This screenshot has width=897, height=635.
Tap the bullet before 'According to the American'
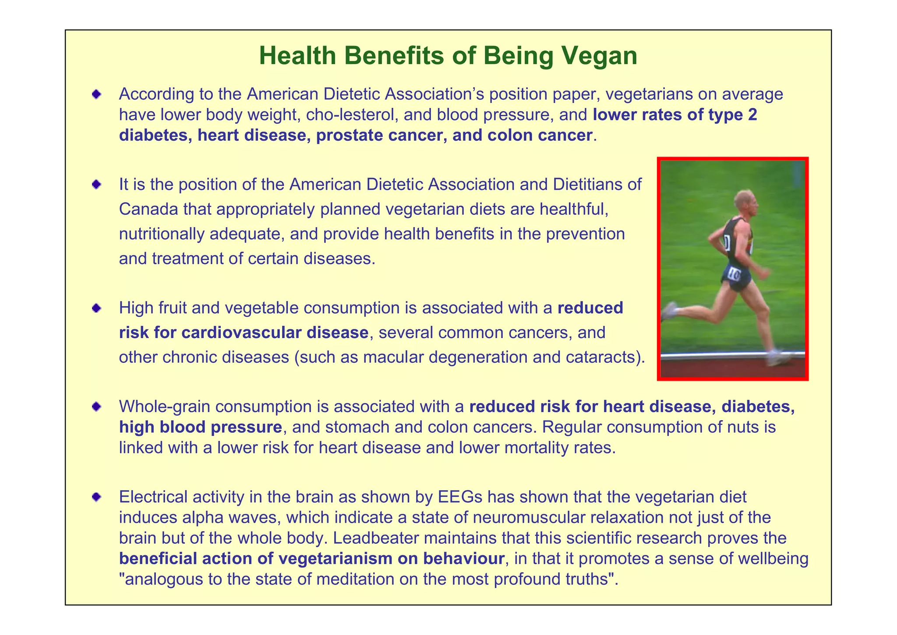tap(96, 94)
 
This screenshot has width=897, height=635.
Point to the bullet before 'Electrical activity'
tap(96, 497)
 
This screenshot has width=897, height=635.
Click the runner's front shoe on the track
tap(777, 357)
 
